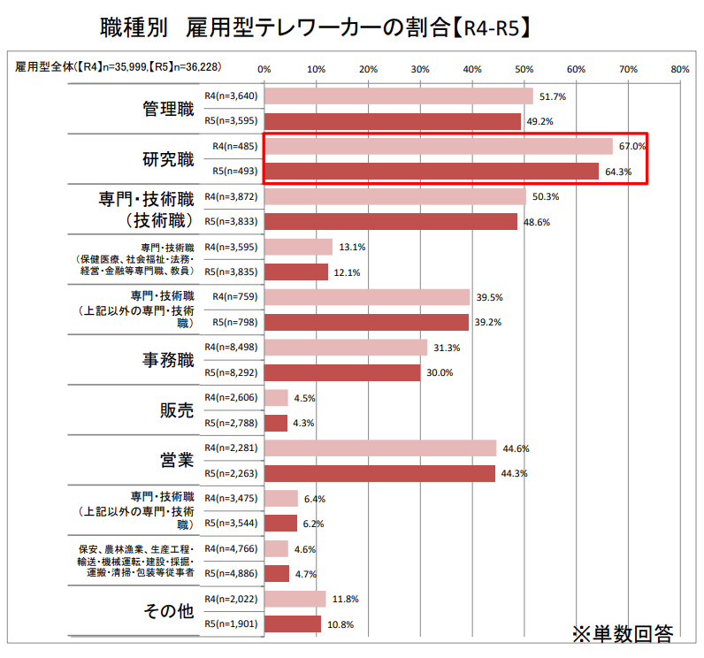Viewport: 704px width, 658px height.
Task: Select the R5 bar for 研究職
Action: [x=431, y=172]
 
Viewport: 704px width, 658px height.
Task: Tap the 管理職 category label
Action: [x=168, y=109]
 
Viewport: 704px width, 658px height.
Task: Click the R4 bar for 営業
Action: [x=379, y=448]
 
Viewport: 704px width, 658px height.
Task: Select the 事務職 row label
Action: [x=168, y=360]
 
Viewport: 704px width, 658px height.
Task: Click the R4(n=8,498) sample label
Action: [x=232, y=348]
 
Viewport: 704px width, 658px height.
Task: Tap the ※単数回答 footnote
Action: [x=623, y=634]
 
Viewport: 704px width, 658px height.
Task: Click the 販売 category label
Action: [x=177, y=410]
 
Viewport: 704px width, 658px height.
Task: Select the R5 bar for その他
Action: [x=293, y=624]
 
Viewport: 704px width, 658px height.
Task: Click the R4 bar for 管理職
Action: [x=398, y=96]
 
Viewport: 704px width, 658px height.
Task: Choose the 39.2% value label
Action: [x=487, y=322]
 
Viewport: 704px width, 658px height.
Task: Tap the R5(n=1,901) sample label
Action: [x=232, y=624]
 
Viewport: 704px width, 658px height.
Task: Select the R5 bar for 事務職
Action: [x=342, y=372]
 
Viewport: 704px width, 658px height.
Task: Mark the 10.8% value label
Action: [x=340, y=624]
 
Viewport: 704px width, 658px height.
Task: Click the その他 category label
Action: [x=168, y=612]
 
